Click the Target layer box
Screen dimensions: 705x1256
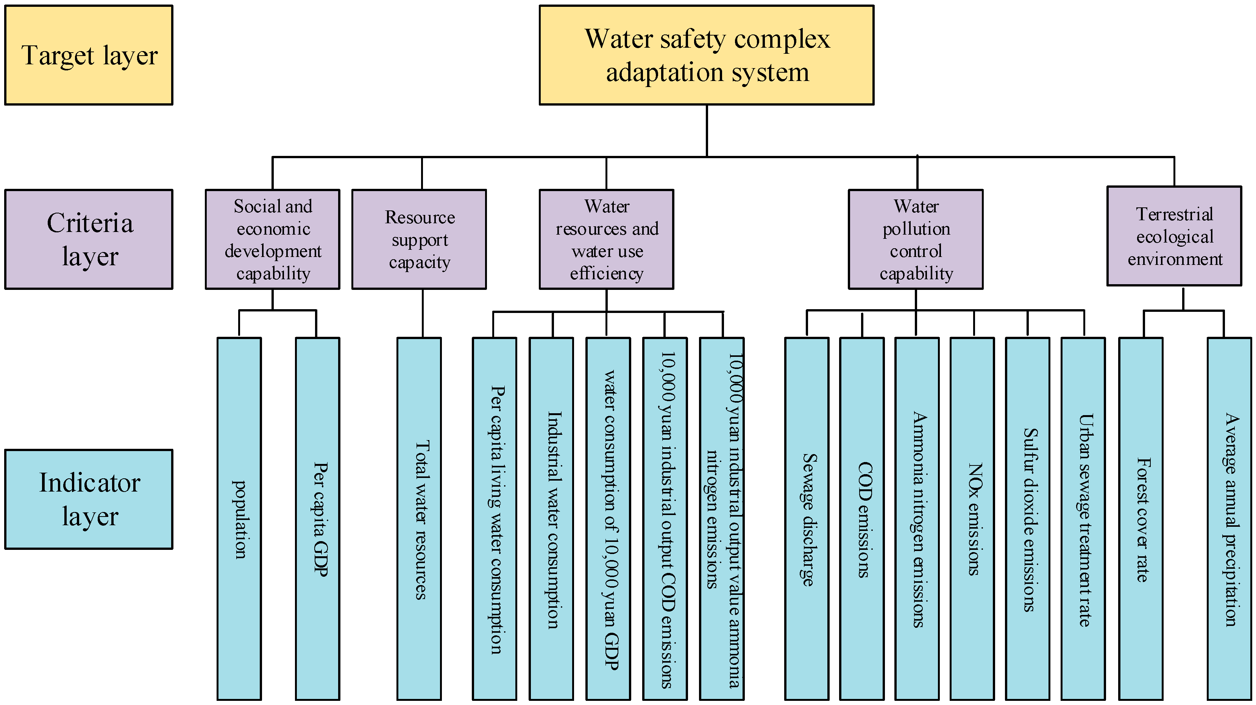click(89, 55)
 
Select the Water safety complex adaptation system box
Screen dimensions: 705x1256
click(706, 55)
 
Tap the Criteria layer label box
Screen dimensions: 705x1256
click(89, 239)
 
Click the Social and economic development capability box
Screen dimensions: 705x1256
click(273, 239)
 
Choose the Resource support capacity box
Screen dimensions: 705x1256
click(419, 239)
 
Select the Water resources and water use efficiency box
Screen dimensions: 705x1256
click(606, 239)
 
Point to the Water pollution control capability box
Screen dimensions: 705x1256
click(915, 239)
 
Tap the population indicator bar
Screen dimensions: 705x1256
click(239, 518)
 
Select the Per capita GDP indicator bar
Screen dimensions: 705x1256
click(317, 518)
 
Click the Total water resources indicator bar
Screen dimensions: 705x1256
click(419, 518)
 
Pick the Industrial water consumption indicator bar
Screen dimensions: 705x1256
click(551, 518)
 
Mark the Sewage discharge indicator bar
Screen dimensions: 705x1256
click(807, 518)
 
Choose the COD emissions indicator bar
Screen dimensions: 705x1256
click(861, 518)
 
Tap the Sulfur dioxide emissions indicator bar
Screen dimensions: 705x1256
click(1027, 518)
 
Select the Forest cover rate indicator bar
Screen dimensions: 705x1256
click(1141, 518)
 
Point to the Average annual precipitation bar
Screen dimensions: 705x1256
click(1229, 518)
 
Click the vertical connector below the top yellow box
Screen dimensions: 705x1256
click(707, 131)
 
